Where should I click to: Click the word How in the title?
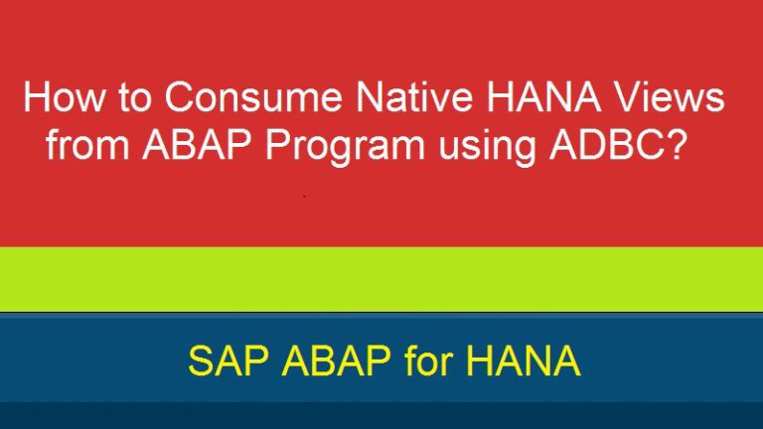pyautogui.click(x=64, y=96)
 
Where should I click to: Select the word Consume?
pyautogui.click(x=253, y=96)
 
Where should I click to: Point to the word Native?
pyautogui.click(x=413, y=96)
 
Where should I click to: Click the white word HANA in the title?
pyautogui.click(x=543, y=96)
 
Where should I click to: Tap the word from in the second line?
pyautogui.click(x=87, y=144)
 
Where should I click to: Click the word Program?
pyautogui.click(x=346, y=149)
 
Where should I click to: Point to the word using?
pyautogui.click(x=487, y=149)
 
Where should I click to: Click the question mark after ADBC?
pyautogui.click(x=675, y=144)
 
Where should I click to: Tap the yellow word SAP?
pyautogui.click(x=229, y=360)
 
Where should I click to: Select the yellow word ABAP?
pyautogui.click(x=337, y=360)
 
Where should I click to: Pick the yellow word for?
pyautogui.click(x=429, y=360)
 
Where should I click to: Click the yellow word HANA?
pyautogui.click(x=524, y=360)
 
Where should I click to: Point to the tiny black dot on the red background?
pyautogui.click(x=304, y=197)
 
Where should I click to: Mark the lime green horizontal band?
pyautogui.click(x=381, y=279)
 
